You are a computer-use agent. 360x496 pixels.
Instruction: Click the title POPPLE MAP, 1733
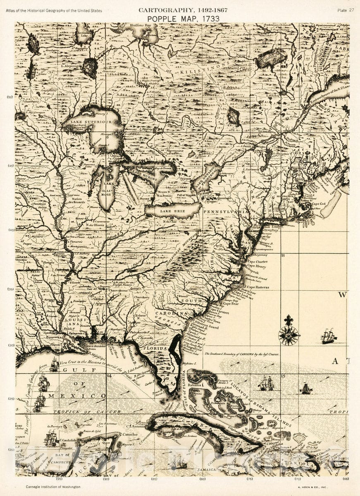(x=183, y=19)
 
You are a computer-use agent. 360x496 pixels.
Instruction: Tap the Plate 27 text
(x=346, y=10)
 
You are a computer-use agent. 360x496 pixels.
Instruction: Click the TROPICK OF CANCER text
(x=87, y=412)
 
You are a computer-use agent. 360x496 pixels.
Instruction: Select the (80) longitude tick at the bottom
(x=202, y=479)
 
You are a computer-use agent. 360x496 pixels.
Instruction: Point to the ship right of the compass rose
(x=328, y=336)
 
